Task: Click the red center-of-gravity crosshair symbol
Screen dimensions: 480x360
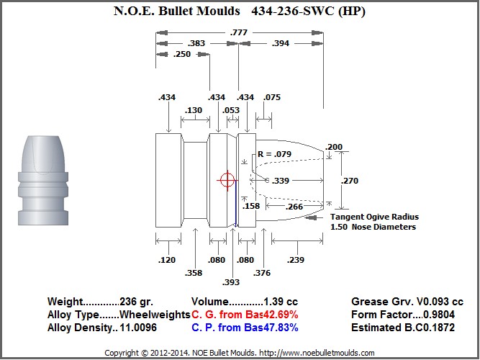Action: point(227,180)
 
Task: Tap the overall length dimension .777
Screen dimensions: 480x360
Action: point(238,32)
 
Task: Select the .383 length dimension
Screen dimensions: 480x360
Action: point(196,43)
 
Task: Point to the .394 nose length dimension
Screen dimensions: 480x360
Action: point(281,43)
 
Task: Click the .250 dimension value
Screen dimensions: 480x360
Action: point(182,54)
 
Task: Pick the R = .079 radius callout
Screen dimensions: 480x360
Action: point(275,154)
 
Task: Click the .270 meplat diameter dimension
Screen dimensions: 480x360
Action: point(350,181)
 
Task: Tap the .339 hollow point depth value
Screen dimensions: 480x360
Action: point(281,181)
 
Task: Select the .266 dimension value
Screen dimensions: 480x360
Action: point(294,207)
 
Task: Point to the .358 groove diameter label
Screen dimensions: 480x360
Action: point(194,273)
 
